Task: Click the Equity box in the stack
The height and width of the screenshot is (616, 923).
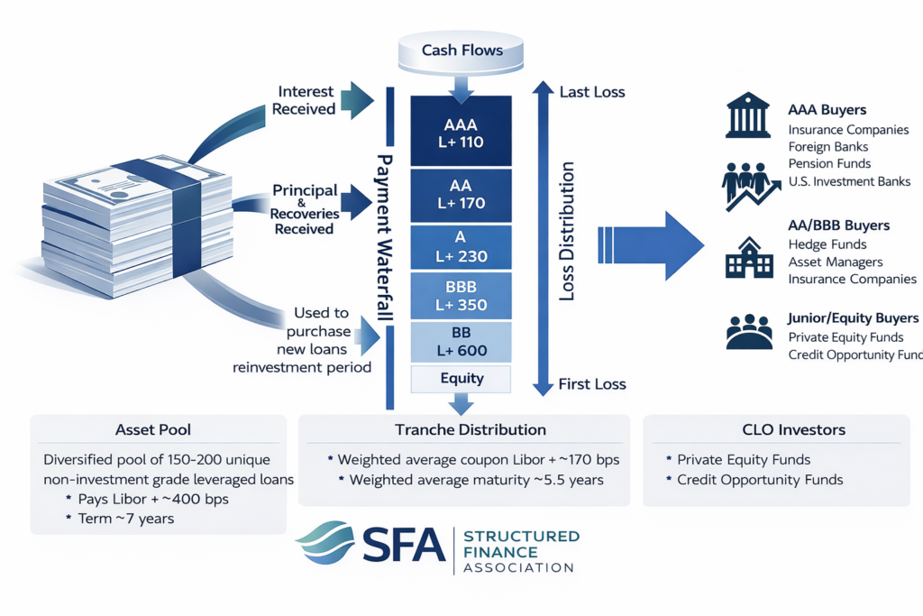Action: click(461, 379)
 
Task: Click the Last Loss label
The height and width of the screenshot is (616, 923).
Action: click(591, 92)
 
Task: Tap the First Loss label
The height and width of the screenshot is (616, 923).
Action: click(591, 384)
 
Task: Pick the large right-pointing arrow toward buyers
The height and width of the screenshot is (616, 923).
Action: click(651, 242)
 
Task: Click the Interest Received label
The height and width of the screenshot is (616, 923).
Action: click(306, 100)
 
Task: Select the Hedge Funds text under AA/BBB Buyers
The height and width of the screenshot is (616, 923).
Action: click(827, 244)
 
